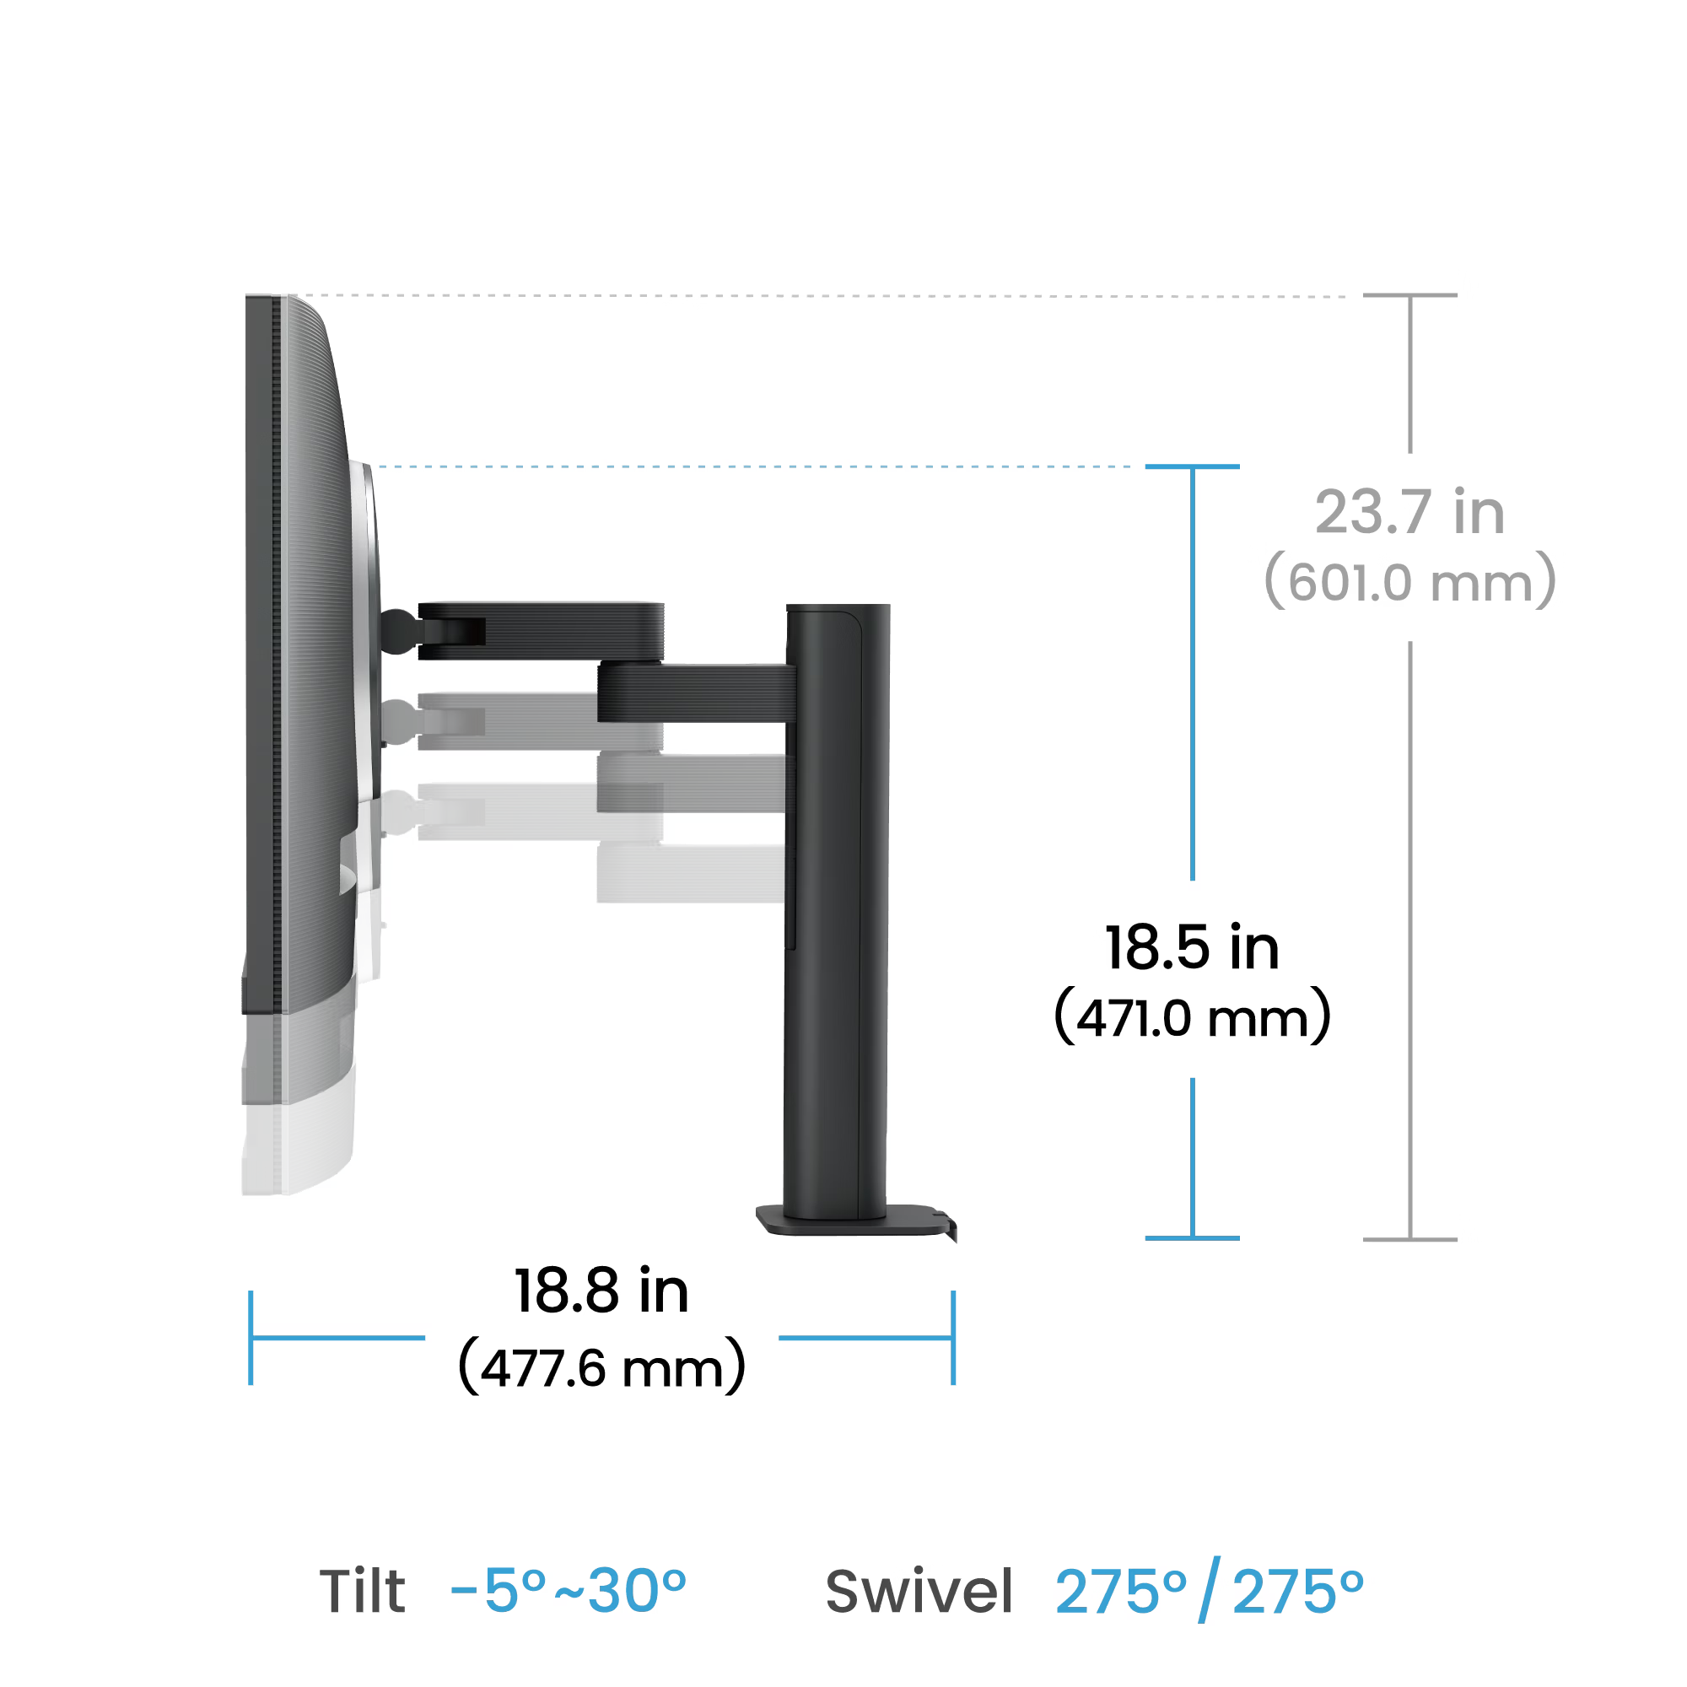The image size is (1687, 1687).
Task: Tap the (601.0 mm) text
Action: [x=1409, y=581]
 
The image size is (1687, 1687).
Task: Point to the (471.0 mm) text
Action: [x=1192, y=1016]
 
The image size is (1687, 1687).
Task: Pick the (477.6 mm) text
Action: [x=601, y=1367]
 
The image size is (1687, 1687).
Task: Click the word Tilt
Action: [x=362, y=1591]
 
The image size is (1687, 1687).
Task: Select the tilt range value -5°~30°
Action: [x=569, y=1591]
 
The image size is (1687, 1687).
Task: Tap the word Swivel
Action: [x=919, y=1591]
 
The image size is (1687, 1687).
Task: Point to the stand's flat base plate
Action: [x=855, y=1221]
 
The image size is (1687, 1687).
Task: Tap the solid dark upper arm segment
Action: [x=541, y=631]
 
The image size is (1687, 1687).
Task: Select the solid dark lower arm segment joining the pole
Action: [x=697, y=693]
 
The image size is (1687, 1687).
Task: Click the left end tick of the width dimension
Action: [x=251, y=1338]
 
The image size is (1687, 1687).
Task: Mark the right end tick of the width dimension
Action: [x=953, y=1338]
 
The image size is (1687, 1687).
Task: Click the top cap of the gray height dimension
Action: [x=1410, y=295]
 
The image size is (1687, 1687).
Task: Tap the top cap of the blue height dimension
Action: [x=1192, y=466]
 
